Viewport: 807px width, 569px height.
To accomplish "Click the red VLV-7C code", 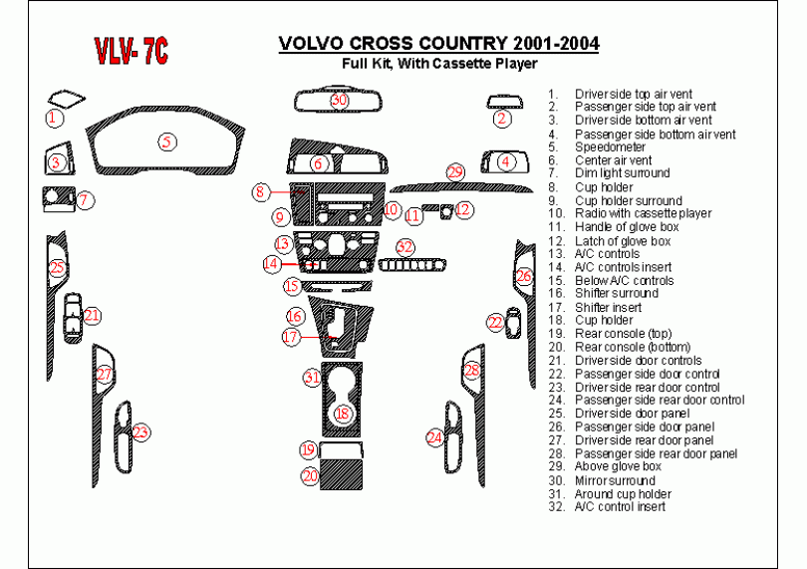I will click(131, 53).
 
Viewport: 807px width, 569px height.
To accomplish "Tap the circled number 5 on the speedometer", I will click(168, 142).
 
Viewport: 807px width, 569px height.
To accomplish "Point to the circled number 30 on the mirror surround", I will click(339, 100).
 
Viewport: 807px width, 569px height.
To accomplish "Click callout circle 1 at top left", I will click(55, 118).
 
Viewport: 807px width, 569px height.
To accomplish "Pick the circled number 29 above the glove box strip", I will click(455, 172).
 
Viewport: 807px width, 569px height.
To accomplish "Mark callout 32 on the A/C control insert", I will click(403, 246).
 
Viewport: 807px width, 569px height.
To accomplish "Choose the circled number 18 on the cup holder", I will click(343, 413).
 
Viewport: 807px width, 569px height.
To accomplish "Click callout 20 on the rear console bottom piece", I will click(311, 476).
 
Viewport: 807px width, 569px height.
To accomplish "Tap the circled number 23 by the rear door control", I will click(140, 432).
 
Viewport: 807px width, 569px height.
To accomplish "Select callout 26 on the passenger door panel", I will click(524, 275).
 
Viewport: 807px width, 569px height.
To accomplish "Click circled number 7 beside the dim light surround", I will click(86, 200).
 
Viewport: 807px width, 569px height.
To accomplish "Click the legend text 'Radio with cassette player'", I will click(643, 213).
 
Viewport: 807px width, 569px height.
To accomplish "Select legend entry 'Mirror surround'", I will click(615, 480).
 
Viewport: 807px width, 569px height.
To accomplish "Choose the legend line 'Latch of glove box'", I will click(623, 240).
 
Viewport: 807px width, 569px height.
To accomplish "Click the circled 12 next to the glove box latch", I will click(463, 209).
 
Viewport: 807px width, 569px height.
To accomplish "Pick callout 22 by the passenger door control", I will click(495, 322).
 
